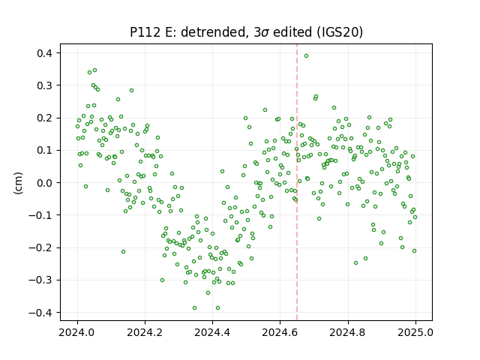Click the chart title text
246,32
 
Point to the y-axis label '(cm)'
18,183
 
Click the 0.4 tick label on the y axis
45,53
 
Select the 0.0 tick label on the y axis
45,183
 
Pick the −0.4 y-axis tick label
40,313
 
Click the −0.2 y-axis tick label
40,247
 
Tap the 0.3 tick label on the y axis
45,85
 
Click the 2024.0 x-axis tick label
77,332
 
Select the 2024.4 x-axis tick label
212,332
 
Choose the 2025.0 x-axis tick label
415,332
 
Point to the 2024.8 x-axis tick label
348,332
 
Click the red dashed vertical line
297,182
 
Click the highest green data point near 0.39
306,56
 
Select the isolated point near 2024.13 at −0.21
123,252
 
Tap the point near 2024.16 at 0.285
132,90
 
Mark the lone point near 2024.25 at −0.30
162,280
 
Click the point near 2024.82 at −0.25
355,263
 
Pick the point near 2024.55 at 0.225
265,110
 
